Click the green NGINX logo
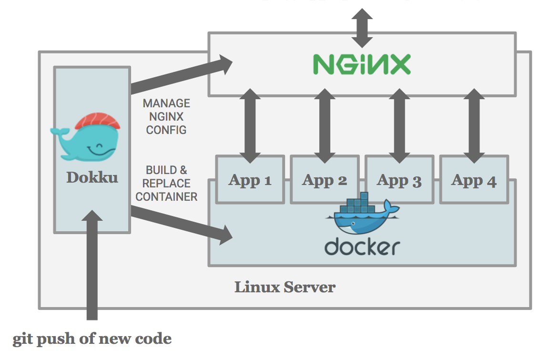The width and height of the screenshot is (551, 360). (x=361, y=64)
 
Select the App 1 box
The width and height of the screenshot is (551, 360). (x=250, y=180)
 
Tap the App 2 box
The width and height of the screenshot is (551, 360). (x=325, y=180)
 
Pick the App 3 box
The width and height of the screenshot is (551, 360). (x=399, y=180)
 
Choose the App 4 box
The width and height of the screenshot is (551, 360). (x=474, y=180)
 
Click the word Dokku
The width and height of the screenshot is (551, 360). (x=92, y=177)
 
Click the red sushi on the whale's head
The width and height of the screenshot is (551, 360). (x=97, y=122)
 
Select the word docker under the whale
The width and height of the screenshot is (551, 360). (x=362, y=246)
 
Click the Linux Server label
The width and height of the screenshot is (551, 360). (x=285, y=287)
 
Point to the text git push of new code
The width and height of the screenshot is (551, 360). (x=92, y=339)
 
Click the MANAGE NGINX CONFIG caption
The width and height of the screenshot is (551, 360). (x=166, y=116)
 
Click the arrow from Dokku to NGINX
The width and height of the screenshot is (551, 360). (x=181, y=74)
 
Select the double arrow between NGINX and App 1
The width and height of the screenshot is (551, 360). (x=250, y=124)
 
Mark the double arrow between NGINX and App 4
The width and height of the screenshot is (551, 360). (x=474, y=124)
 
